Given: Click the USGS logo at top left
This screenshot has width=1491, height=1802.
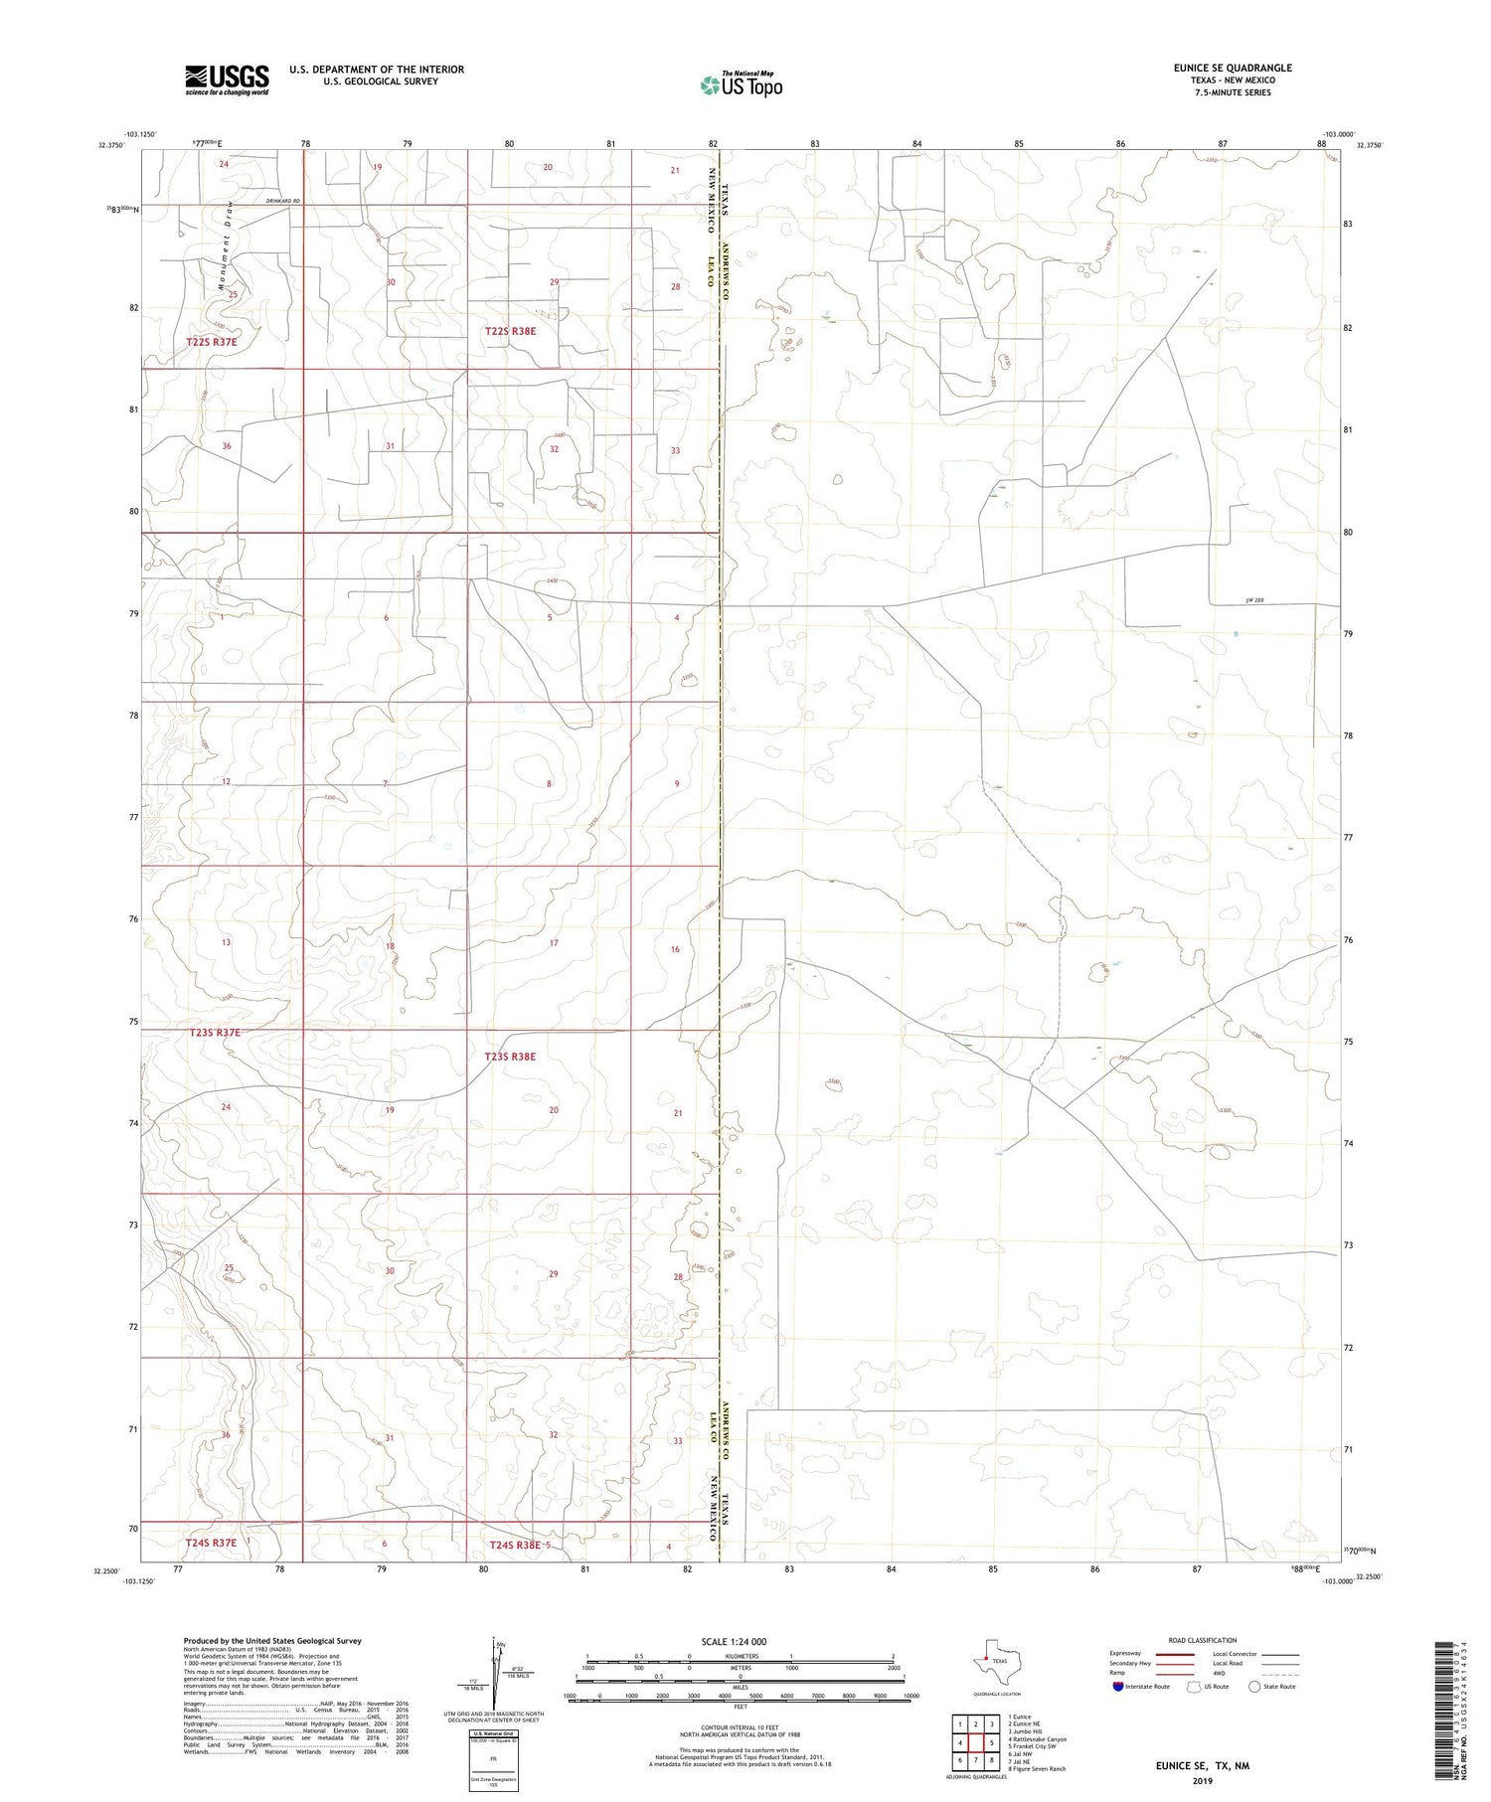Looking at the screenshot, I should (x=227, y=80).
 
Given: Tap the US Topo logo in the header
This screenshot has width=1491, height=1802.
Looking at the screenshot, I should (x=742, y=85).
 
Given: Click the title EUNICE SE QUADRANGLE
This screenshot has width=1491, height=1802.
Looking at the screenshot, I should (x=1233, y=69).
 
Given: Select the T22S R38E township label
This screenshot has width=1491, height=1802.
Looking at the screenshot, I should (x=510, y=331).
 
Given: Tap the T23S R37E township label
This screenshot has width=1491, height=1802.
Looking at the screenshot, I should (x=214, y=1033).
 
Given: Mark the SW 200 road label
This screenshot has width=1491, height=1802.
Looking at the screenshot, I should (x=1253, y=600).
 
